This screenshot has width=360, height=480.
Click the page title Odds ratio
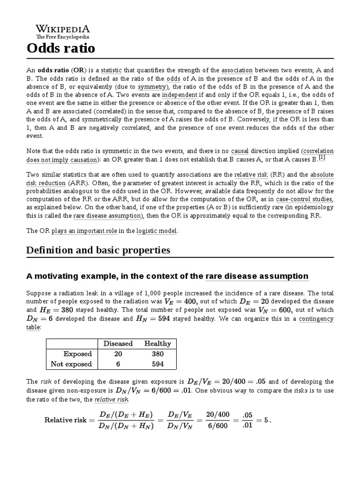click(x=60, y=48)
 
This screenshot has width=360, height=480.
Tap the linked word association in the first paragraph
click(x=237, y=70)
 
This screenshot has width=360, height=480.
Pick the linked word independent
click(x=180, y=95)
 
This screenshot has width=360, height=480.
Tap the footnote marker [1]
click(x=322, y=158)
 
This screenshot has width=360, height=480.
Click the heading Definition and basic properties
click(x=97, y=250)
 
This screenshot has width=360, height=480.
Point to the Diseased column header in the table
click(x=118, y=344)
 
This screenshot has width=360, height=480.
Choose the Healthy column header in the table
click(x=157, y=344)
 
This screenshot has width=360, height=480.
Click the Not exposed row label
click(x=71, y=364)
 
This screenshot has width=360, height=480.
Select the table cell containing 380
click(x=157, y=354)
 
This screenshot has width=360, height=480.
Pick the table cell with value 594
click(x=157, y=364)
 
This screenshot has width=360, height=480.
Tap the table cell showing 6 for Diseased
click(x=118, y=364)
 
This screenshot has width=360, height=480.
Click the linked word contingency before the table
click(x=316, y=319)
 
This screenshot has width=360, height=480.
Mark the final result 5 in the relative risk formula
click(x=266, y=420)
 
